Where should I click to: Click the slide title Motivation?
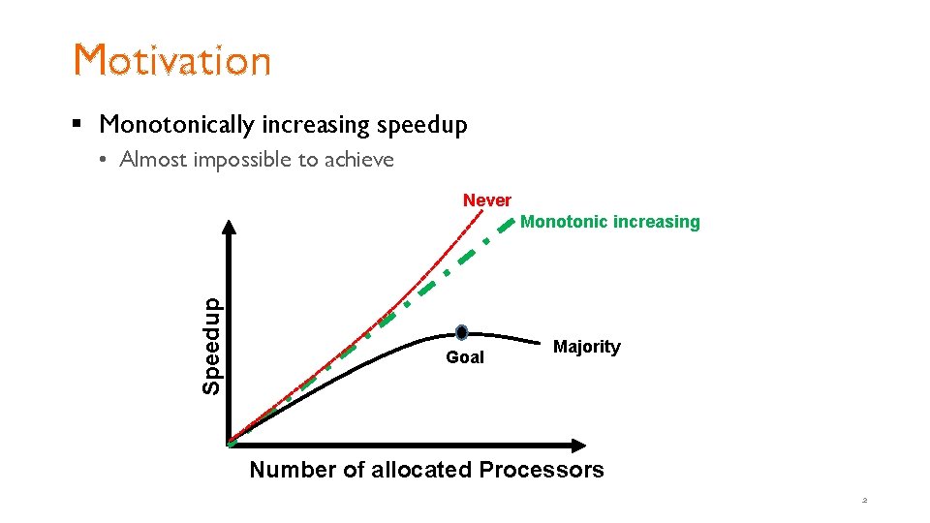172,60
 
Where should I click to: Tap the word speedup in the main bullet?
421,125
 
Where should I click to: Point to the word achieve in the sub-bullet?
358,160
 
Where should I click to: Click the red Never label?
486,200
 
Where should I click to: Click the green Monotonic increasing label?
609,222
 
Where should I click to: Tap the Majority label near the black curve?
586,347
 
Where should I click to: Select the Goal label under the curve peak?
465,357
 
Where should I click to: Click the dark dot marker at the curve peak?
462,332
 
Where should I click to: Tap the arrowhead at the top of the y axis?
230,229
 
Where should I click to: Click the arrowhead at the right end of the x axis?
578,446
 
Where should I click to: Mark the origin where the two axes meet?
231,445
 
